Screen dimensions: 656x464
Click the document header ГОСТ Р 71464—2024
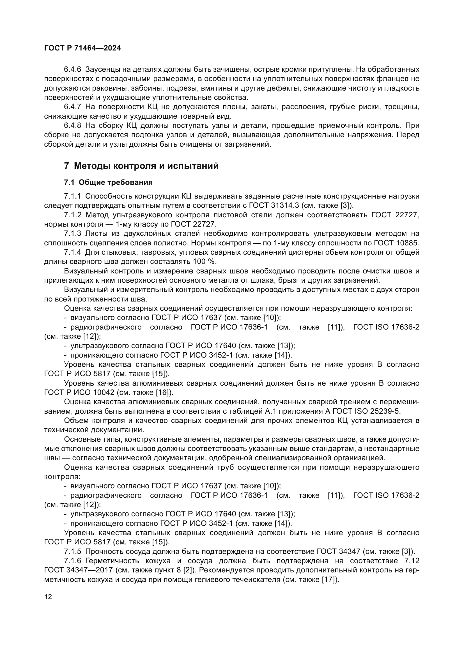tap(82, 48)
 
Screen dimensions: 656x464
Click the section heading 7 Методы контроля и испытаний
tap(141, 166)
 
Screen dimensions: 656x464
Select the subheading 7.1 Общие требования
tap(109, 182)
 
